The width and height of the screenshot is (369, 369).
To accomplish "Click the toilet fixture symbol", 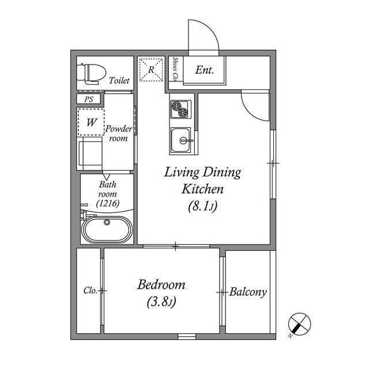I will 91,73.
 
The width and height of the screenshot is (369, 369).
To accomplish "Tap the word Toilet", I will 119,81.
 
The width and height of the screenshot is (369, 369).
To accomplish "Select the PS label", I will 88,99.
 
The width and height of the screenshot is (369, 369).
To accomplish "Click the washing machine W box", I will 91,122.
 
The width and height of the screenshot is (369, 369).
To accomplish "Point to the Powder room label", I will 118,133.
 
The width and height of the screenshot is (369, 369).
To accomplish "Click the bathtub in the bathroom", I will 107,229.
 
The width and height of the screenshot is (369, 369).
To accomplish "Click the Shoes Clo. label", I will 175,70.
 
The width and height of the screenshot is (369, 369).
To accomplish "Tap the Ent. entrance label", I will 205,70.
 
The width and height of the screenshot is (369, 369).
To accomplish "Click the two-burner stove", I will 180,108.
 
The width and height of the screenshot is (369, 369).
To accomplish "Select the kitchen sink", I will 180,140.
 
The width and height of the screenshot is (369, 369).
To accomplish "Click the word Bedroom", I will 161,284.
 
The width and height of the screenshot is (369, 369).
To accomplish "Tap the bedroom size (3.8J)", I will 161,301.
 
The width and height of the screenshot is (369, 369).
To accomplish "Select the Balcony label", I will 248,292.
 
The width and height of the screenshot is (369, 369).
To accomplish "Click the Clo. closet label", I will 90,291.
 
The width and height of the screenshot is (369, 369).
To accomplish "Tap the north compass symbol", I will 299,325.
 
